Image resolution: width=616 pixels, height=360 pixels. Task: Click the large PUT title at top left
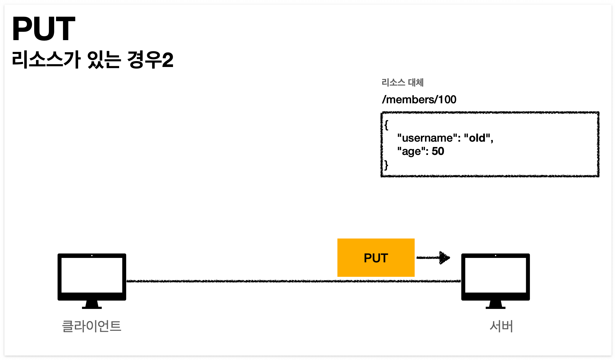pos(44,29)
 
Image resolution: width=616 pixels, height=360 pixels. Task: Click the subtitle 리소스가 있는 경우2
pos(92,60)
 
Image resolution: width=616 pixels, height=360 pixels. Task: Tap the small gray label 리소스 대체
pos(402,82)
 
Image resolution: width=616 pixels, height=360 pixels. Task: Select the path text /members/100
pos(419,100)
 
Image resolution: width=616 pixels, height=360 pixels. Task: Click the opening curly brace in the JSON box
pos(386,125)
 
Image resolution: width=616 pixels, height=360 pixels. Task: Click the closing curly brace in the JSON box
pos(386,165)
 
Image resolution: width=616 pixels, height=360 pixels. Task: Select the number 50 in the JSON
pos(438,151)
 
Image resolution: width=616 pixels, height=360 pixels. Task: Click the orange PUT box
pos(376,258)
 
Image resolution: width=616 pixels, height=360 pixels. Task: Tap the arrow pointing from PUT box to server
pos(433,258)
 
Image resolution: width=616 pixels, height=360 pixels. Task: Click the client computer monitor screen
pos(92,275)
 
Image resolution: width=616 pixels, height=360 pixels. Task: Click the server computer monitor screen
pos(495,275)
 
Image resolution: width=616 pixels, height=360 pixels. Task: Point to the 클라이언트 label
pos(92,326)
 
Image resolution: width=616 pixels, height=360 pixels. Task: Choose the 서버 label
pos(501,326)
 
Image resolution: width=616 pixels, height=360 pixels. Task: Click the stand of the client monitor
pos(92,305)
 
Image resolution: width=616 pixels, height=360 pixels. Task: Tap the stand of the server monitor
pos(495,305)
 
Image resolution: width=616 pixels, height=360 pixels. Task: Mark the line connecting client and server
pos(236,281)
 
